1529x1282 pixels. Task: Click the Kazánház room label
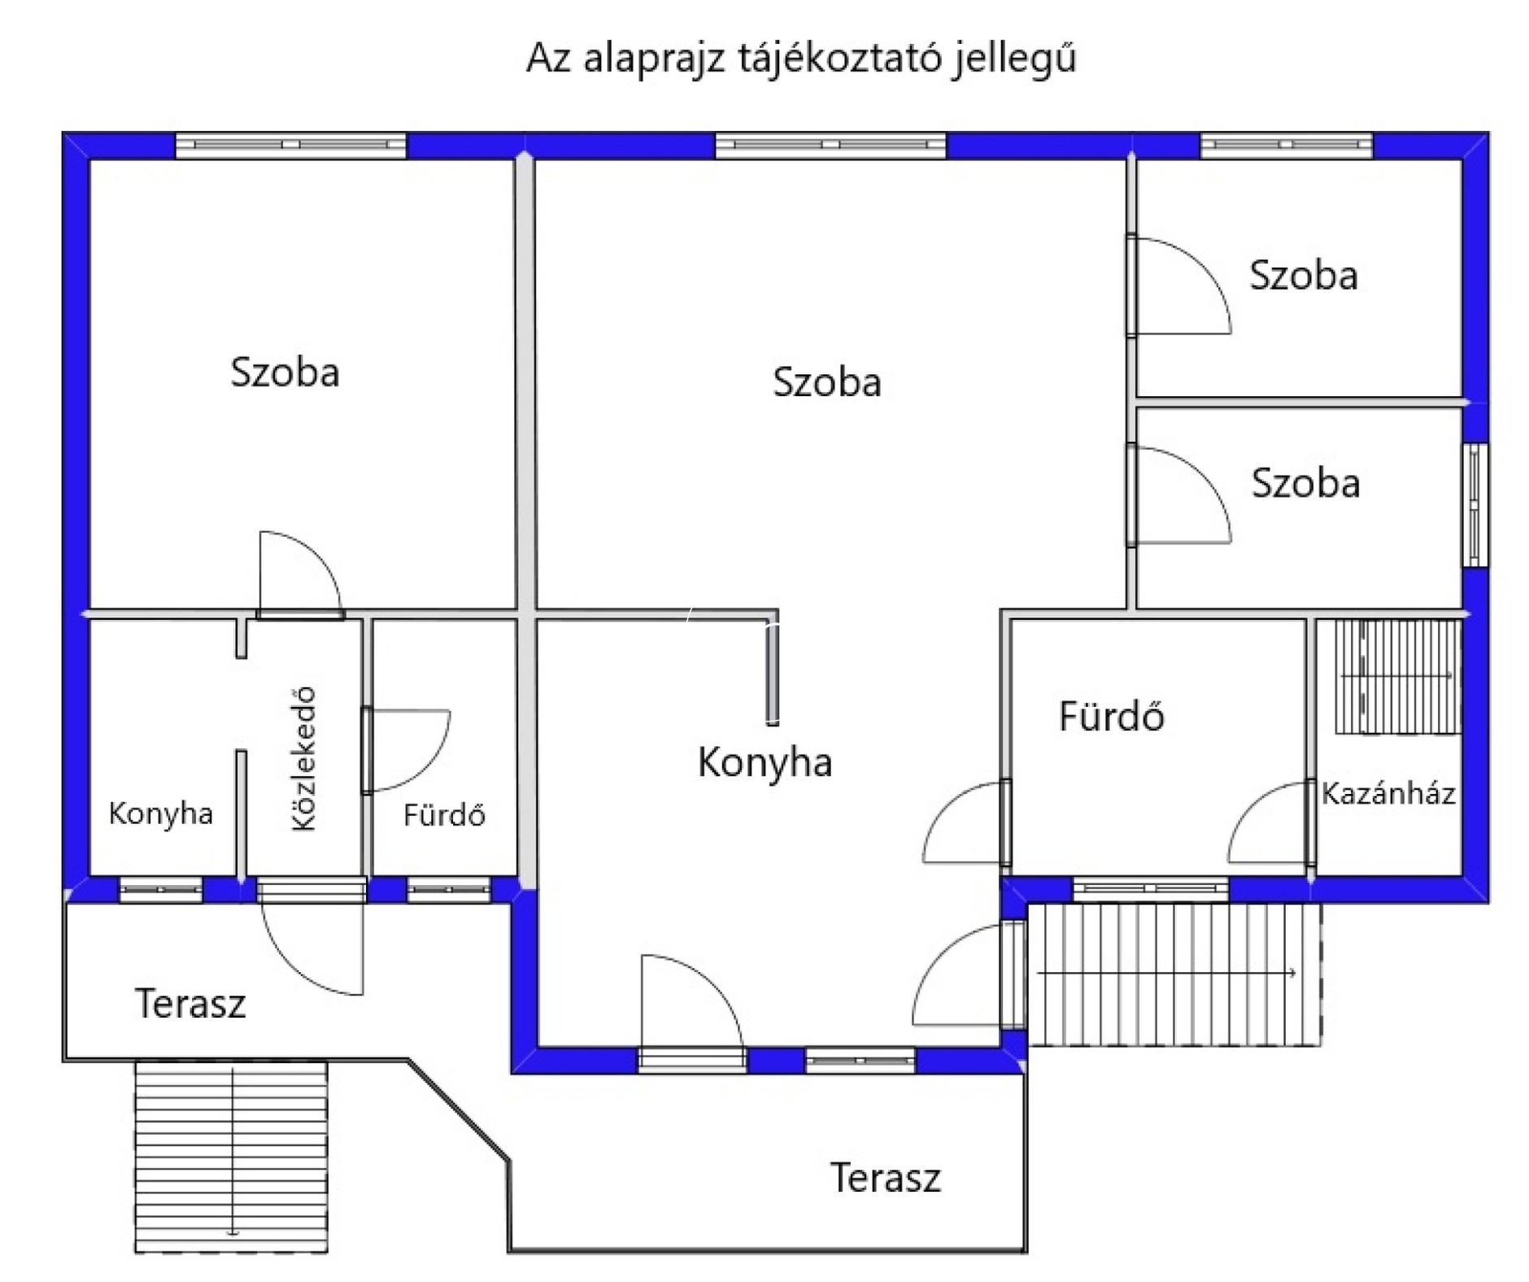click(x=1387, y=793)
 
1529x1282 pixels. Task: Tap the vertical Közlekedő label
click(x=303, y=758)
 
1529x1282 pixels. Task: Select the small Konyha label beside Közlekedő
click(x=160, y=813)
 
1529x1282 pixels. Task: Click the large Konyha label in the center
click(x=764, y=762)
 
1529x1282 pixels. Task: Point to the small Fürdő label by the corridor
click(x=444, y=814)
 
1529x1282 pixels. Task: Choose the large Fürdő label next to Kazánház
click(x=1111, y=716)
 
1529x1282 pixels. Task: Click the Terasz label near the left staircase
click(x=189, y=1003)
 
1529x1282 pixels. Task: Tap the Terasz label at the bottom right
click(x=885, y=1177)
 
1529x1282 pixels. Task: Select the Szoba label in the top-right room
click(x=1303, y=276)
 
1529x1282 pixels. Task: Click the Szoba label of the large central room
click(x=826, y=382)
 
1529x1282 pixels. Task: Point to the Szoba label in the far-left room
click(x=285, y=373)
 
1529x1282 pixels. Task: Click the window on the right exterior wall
click(x=1475, y=504)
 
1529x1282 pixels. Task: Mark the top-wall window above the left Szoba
click(x=290, y=145)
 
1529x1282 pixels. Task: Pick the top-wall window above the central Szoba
click(x=830, y=145)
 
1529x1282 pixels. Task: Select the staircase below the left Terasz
click(x=231, y=1155)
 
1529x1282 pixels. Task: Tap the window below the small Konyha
click(x=160, y=890)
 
